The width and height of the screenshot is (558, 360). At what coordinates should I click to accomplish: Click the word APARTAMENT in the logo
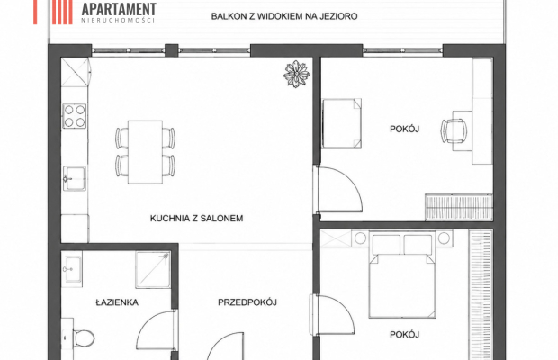(x=119, y=8)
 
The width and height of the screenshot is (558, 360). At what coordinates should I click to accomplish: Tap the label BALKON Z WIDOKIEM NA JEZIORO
(x=284, y=16)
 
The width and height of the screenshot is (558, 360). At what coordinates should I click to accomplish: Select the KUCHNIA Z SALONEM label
(x=196, y=219)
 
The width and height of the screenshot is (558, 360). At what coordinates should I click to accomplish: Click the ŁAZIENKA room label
(x=117, y=302)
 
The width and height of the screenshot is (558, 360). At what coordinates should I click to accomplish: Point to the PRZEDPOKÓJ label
(x=247, y=302)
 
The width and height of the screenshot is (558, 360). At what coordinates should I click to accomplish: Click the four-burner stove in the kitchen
(x=75, y=116)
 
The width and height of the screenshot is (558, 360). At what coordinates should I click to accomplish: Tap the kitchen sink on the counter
(x=75, y=178)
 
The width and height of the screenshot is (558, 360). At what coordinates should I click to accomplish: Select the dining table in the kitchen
(x=145, y=152)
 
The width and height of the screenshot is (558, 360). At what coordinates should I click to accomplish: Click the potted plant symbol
(x=296, y=74)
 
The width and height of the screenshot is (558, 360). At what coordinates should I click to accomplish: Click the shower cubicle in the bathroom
(x=153, y=270)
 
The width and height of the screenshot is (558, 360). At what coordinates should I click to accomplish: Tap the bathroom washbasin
(x=72, y=269)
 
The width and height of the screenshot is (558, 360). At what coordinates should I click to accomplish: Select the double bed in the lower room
(x=402, y=274)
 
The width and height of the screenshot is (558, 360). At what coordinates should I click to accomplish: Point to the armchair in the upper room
(x=342, y=123)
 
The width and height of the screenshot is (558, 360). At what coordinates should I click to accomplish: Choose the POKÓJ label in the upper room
(x=405, y=129)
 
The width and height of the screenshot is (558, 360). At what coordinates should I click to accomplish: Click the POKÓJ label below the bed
(x=405, y=335)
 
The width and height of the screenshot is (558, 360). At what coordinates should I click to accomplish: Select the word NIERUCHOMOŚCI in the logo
(x=118, y=21)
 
